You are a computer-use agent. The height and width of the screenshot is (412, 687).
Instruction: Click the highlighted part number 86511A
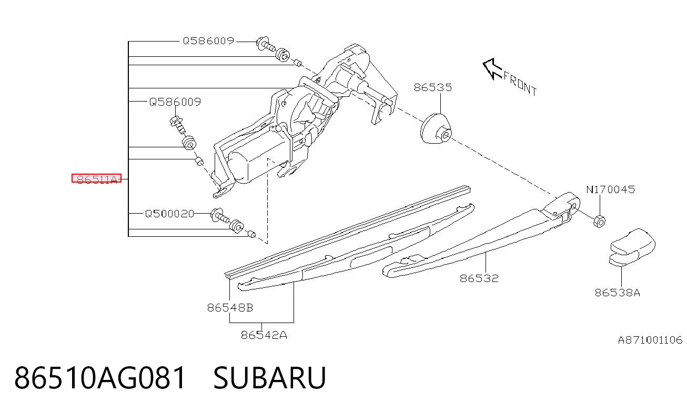tap(97, 178)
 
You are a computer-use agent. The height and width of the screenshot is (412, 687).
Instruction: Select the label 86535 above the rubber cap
tap(433, 88)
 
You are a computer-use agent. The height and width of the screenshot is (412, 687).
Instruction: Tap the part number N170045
tap(610, 189)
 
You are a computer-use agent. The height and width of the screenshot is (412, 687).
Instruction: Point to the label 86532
tap(479, 278)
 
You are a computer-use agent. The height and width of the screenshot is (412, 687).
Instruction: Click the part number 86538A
tap(618, 293)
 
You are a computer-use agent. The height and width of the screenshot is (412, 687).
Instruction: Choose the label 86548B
tap(230, 308)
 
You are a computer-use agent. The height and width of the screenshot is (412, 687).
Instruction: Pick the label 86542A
tap(264, 335)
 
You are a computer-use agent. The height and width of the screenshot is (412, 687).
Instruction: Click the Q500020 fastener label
tap(169, 214)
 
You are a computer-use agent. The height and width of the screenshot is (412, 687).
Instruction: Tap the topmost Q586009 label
tap(208, 41)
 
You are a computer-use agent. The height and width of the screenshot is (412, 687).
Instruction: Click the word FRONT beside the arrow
tap(520, 84)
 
